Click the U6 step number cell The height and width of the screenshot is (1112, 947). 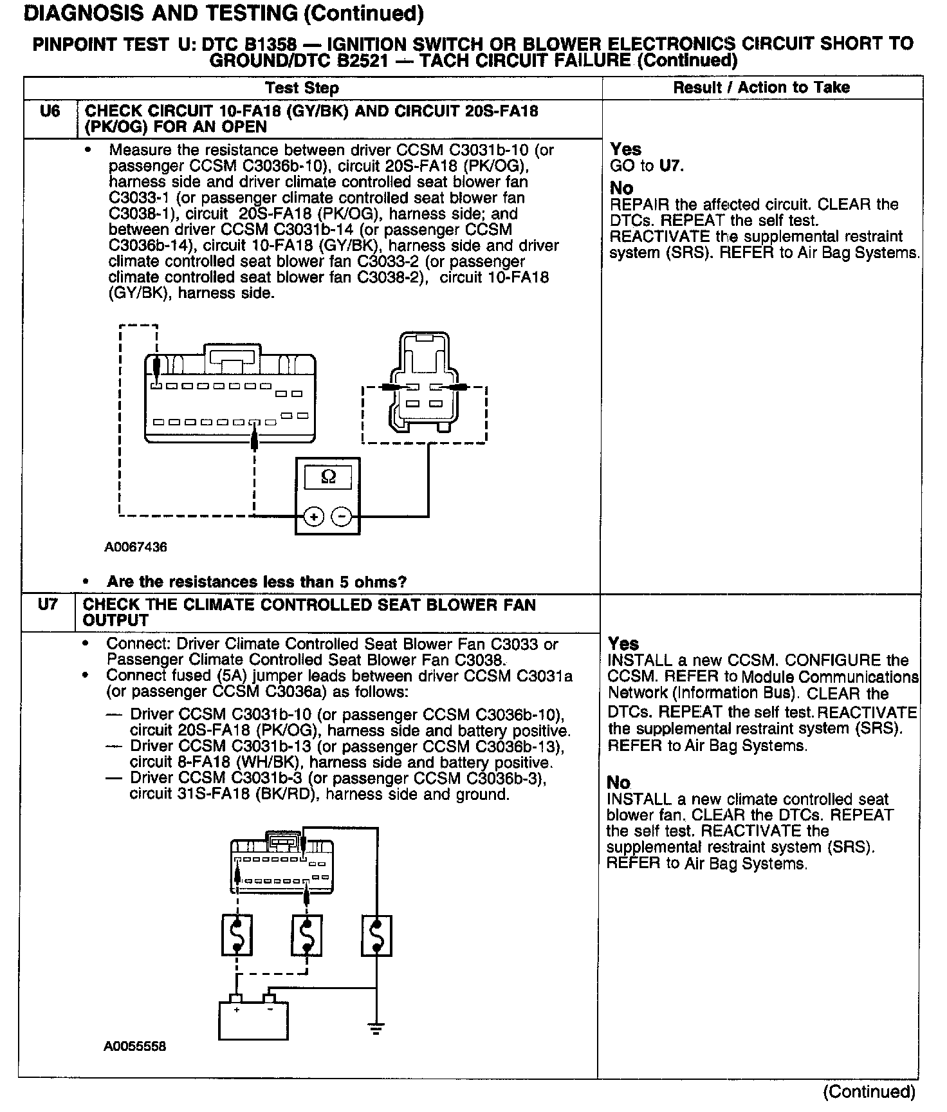coord(50,111)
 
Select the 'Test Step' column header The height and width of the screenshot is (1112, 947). coord(302,88)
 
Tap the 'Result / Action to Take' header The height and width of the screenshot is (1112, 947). coord(761,88)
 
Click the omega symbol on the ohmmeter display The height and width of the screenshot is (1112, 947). coord(327,477)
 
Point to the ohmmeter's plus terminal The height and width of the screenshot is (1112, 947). coord(313,516)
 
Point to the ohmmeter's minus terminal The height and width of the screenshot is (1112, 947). coord(342,516)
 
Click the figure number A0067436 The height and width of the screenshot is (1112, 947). coord(136,548)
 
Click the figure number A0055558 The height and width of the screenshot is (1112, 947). coord(135,1046)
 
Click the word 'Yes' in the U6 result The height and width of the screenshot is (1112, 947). coord(625,149)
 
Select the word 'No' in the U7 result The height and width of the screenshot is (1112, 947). coord(618,783)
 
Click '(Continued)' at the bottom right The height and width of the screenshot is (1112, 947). coord(869,1091)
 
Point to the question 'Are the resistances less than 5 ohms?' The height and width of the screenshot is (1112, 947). coord(257,582)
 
